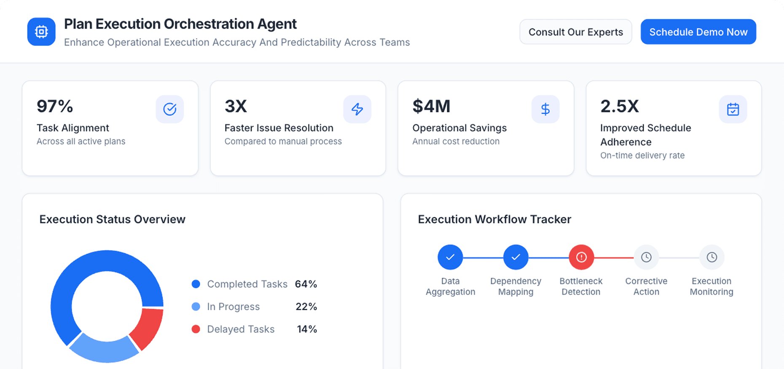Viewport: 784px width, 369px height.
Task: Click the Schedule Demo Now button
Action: pyautogui.click(x=698, y=32)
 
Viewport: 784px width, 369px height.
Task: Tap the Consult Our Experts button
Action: pyautogui.click(x=575, y=32)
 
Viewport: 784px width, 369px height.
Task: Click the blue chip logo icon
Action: pyautogui.click(x=41, y=32)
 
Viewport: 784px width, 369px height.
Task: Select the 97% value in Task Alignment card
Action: pyautogui.click(x=55, y=106)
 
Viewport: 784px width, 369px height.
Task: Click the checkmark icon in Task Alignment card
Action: pyautogui.click(x=169, y=109)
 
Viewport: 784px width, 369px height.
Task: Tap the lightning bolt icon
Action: pyautogui.click(x=357, y=109)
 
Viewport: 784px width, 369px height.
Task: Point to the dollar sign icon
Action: pyautogui.click(x=545, y=109)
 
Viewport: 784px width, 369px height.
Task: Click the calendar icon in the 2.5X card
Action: pyautogui.click(x=733, y=109)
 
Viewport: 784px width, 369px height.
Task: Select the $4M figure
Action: pyautogui.click(x=431, y=106)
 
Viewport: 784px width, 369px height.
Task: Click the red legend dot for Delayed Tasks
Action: pyautogui.click(x=196, y=329)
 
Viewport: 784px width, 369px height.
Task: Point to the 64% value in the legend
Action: pyautogui.click(x=306, y=284)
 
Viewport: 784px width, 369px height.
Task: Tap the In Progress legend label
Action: pyautogui.click(x=233, y=307)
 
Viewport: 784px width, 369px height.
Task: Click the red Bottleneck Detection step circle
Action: pyautogui.click(x=581, y=257)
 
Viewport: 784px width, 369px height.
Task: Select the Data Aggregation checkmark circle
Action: pyautogui.click(x=450, y=257)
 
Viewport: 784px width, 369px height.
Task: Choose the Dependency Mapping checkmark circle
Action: pyautogui.click(x=516, y=257)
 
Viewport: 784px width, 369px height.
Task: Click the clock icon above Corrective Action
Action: pyautogui.click(x=646, y=257)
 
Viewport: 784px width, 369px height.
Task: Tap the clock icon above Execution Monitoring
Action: pyautogui.click(x=712, y=257)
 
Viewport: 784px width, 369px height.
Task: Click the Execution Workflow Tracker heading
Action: pyautogui.click(x=494, y=219)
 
